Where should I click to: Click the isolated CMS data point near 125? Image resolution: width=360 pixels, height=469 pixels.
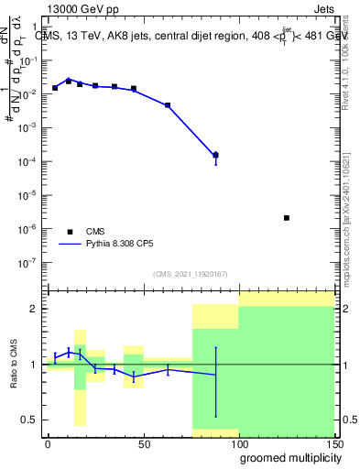(x=287, y=218)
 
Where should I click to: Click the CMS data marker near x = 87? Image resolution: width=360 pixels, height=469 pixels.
(x=215, y=155)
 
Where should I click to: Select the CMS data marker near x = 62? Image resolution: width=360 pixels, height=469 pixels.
(x=168, y=105)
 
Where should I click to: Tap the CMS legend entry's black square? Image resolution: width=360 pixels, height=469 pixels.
(x=70, y=232)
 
